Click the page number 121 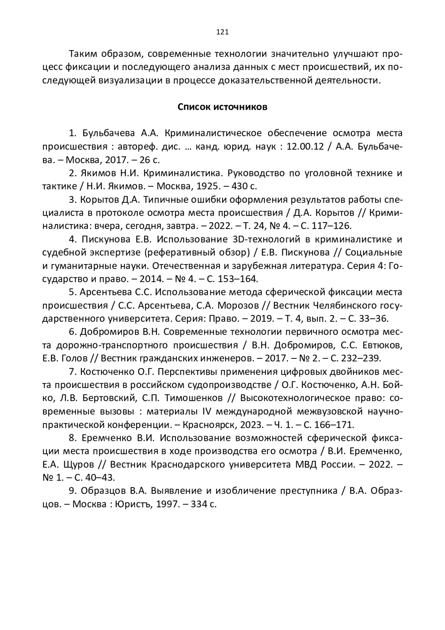[x=222, y=32]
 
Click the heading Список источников [x=222, y=107]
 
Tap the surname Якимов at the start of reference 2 [x=96, y=173]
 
